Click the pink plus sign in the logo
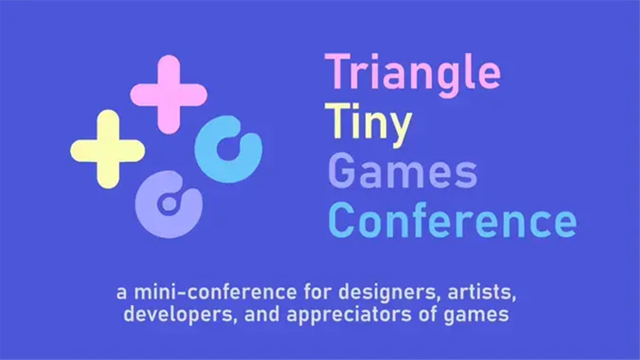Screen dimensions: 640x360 169,94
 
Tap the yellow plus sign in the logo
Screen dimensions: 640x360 108,149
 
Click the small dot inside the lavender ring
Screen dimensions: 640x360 169,203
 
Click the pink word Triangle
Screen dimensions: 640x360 412,76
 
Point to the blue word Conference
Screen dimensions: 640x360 452,220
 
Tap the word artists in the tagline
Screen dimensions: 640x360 482,292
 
